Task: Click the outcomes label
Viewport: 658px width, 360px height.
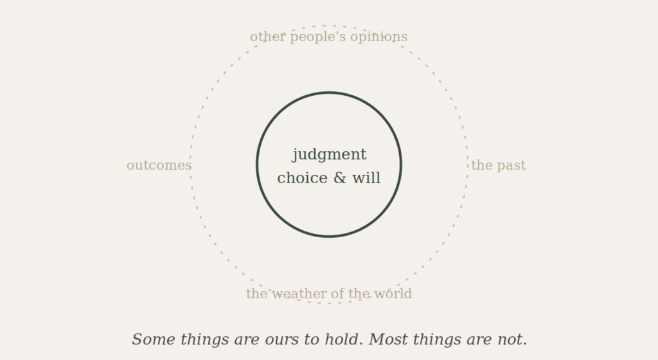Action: click(159, 165)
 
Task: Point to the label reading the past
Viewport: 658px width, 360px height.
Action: click(498, 165)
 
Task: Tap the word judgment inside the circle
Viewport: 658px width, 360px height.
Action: click(330, 155)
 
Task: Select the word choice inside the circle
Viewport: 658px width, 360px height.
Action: click(303, 178)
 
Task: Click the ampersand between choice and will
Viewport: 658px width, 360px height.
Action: click(341, 178)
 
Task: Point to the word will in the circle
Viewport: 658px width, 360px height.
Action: click(366, 178)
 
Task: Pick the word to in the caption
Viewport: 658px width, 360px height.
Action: click(312, 339)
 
